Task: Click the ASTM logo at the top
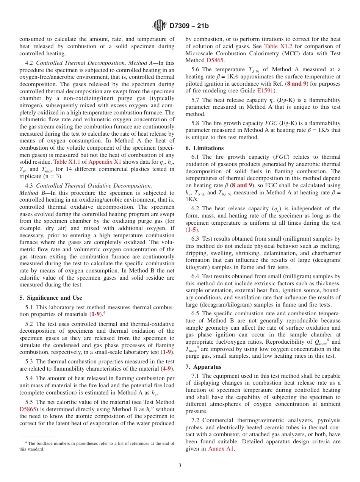coord(160,26)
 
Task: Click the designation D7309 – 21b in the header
coord(189,26)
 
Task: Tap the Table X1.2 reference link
coord(279,46)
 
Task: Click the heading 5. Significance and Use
coord(50,298)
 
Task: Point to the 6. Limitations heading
coord(205,148)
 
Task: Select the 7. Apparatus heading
coord(203,367)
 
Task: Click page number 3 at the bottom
coord(180,466)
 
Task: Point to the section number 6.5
coord(196,313)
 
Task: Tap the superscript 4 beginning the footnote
coord(26,443)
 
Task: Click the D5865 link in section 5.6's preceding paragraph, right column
coord(215,60)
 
